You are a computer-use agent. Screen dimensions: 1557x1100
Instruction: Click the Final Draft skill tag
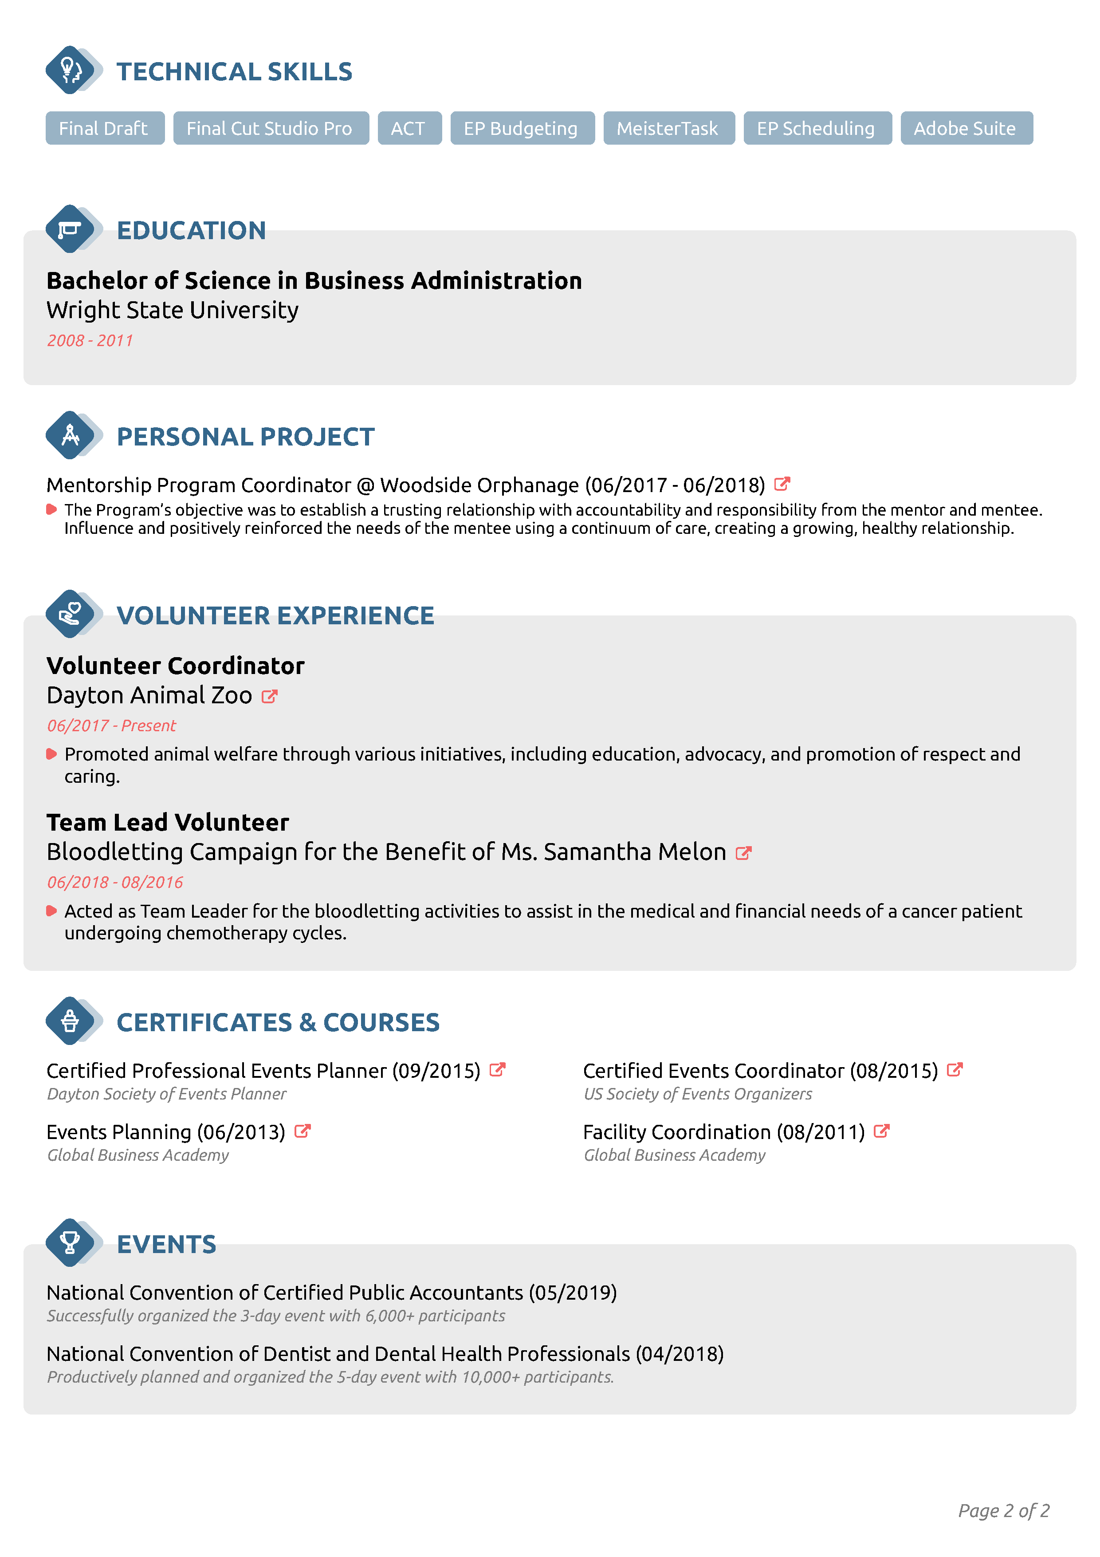click(x=104, y=128)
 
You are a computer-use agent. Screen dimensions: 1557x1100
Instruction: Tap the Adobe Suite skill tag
click(x=966, y=128)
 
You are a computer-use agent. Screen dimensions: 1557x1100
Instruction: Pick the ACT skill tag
click(x=409, y=128)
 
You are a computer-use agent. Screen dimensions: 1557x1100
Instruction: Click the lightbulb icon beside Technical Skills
click(x=70, y=70)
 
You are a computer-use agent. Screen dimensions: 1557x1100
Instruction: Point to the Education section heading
click(x=191, y=231)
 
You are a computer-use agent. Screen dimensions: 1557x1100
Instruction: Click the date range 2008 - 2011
click(x=90, y=340)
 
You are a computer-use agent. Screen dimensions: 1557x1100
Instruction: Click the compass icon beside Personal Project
click(x=70, y=435)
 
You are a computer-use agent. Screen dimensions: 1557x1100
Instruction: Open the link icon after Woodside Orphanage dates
click(x=782, y=484)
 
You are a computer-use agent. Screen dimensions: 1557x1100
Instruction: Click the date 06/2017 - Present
click(x=111, y=725)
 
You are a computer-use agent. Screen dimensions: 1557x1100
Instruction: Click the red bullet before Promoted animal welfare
click(x=51, y=754)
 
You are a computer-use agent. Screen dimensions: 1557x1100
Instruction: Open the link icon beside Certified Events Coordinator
click(x=954, y=1069)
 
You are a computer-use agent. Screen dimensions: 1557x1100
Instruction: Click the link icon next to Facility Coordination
click(x=881, y=1131)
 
